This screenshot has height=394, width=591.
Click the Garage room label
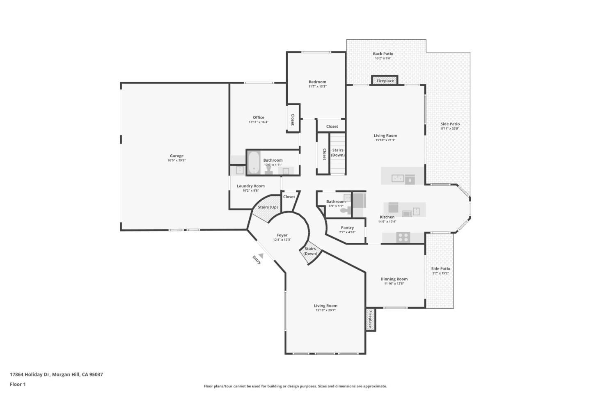tap(176, 156)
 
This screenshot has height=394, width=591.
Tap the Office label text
tap(259, 117)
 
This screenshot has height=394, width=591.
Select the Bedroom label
tap(317, 82)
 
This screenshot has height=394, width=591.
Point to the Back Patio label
tap(383, 54)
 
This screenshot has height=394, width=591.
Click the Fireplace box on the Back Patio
tap(385, 80)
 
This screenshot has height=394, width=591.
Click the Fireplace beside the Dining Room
tap(370, 318)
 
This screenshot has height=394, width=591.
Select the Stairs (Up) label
tap(268, 207)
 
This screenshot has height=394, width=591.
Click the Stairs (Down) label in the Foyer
tap(310, 251)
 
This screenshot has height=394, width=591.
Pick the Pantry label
tap(347, 228)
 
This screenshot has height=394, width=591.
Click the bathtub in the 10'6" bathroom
tap(254, 163)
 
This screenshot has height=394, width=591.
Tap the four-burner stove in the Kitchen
tap(403, 237)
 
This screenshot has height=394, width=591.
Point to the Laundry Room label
tap(250, 186)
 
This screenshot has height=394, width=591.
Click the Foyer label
tap(282, 235)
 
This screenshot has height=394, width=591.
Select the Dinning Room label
tap(394, 279)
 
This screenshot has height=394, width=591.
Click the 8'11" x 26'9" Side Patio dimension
tap(450, 128)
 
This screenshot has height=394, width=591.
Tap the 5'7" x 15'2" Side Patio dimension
tap(440, 273)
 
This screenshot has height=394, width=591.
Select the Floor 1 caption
tap(18, 385)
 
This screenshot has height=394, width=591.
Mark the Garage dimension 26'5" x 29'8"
tap(176, 160)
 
